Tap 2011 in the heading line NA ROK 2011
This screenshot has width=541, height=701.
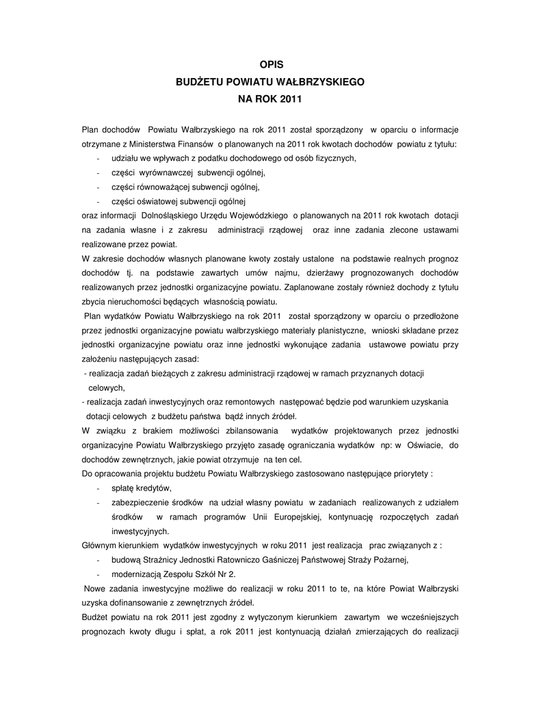point(290,99)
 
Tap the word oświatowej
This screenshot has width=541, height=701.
point(148,201)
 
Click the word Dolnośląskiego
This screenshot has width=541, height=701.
point(168,216)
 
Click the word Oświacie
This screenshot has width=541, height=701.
point(426,445)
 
